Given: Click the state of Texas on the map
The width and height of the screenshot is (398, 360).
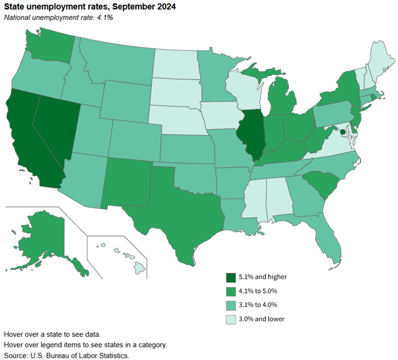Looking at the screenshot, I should click(182, 210).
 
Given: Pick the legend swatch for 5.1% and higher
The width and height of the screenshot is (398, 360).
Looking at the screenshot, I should click(230, 277).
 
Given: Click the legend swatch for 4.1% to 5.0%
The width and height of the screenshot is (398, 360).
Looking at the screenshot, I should click(230, 291).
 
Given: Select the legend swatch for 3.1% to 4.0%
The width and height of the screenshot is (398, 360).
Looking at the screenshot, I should click(230, 305).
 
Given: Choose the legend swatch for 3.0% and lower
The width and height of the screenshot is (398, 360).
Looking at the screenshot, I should click(230, 319).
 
